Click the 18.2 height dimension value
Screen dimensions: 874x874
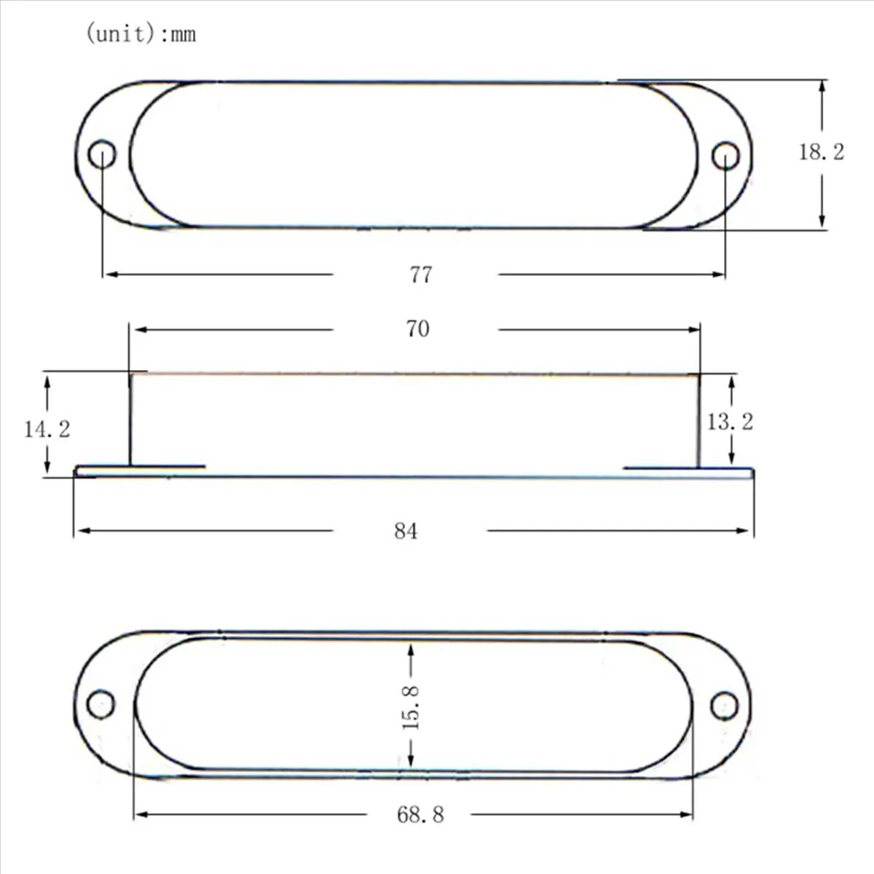click(822, 152)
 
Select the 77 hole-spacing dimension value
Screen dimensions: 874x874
click(421, 275)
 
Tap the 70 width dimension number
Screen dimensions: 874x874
click(418, 328)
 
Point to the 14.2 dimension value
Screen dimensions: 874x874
click(47, 429)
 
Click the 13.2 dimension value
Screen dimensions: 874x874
click(731, 422)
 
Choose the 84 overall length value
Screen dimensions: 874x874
click(406, 531)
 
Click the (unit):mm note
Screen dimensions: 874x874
click(141, 34)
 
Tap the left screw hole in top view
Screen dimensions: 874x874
click(102, 154)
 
